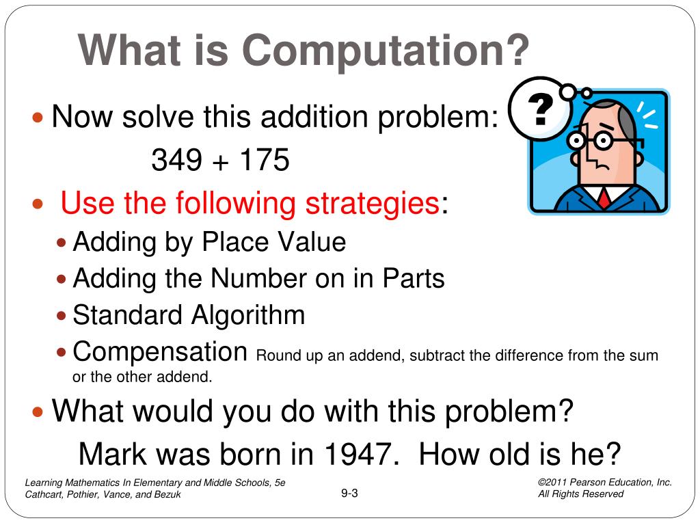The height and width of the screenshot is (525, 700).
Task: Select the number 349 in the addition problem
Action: coord(176,161)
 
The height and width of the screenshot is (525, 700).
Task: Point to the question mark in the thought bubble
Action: coord(539,109)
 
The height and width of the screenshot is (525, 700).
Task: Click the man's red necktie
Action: coord(604,198)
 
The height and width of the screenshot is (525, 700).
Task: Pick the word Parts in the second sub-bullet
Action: coord(414,278)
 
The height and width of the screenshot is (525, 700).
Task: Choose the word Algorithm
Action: coord(247,315)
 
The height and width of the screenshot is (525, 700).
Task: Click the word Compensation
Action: coord(160,352)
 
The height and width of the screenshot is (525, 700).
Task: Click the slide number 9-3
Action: coord(349,494)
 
